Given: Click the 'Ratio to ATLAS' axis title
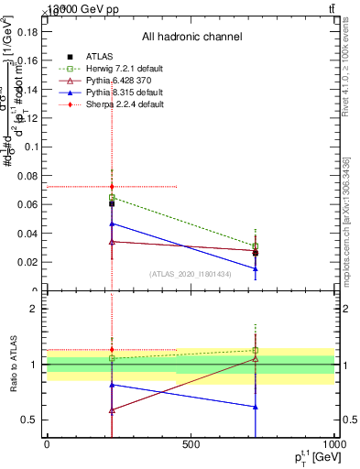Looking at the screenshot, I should (12, 364).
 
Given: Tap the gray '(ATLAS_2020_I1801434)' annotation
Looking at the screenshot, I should (191, 274).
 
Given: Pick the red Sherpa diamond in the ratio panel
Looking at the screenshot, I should (112, 349).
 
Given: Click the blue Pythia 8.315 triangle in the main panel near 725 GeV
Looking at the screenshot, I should (256, 268).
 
